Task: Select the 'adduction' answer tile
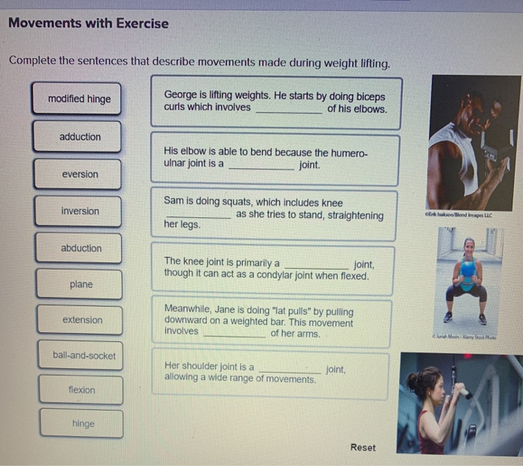pyautogui.click(x=78, y=137)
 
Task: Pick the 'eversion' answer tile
pyautogui.click(x=79, y=174)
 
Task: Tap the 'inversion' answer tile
pyautogui.click(x=79, y=211)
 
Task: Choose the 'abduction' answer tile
pyautogui.click(x=81, y=248)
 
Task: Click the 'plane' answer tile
pyautogui.click(x=81, y=285)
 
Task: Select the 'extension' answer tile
pyautogui.click(x=81, y=320)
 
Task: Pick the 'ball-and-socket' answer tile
pyautogui.click(x=83, y=355)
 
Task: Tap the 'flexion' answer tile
pyautogui.click(x=81, y=390)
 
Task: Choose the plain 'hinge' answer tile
pyautogui.click(x=83, y=423)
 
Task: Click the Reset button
pyautogui.click(x=362, y=447)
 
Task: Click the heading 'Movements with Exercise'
pyautogui.click(x=88, y=23)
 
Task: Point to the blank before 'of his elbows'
pyautogui.click(x=288, y=110)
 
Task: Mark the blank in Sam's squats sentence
pyautogui.click(x=197, y=217)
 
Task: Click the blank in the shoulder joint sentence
pyautogui.click(x=291, y=370)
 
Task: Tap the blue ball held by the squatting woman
pyautogui.click(x=467, y=269)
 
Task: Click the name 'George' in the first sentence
pyautogui.click(x=180, y=96)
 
